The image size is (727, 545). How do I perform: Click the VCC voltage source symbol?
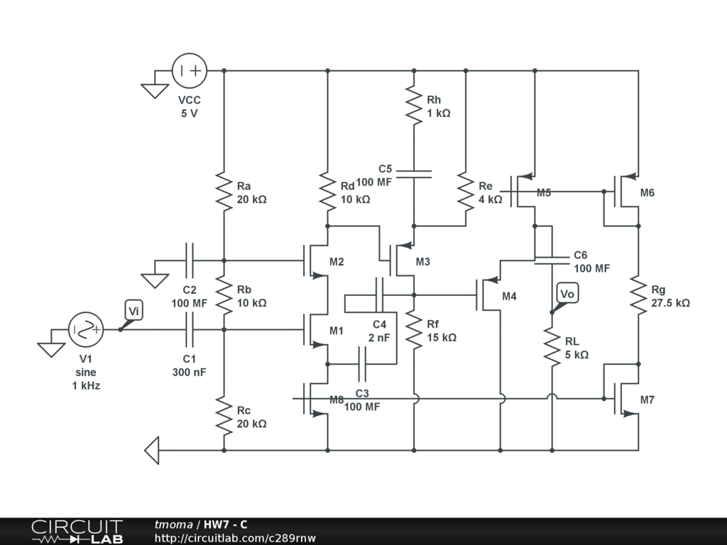(190, 71)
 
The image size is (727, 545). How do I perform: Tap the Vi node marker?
(133, 310)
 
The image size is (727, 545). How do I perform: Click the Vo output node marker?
(567, 294)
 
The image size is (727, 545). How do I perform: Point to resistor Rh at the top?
(414, 104)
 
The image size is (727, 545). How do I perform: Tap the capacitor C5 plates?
(414, 173)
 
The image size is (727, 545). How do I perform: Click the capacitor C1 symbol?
(190, 329)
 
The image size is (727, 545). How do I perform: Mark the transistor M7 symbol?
(625, 398)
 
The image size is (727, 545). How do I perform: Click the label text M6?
(647, 193)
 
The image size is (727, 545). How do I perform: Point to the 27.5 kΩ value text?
(670, 302)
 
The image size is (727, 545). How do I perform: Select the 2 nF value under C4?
(378, 338)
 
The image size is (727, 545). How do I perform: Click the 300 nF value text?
(189, 371)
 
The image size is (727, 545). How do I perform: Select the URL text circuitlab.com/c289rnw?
(235, 538)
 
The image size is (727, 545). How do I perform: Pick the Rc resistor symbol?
(224, 417)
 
